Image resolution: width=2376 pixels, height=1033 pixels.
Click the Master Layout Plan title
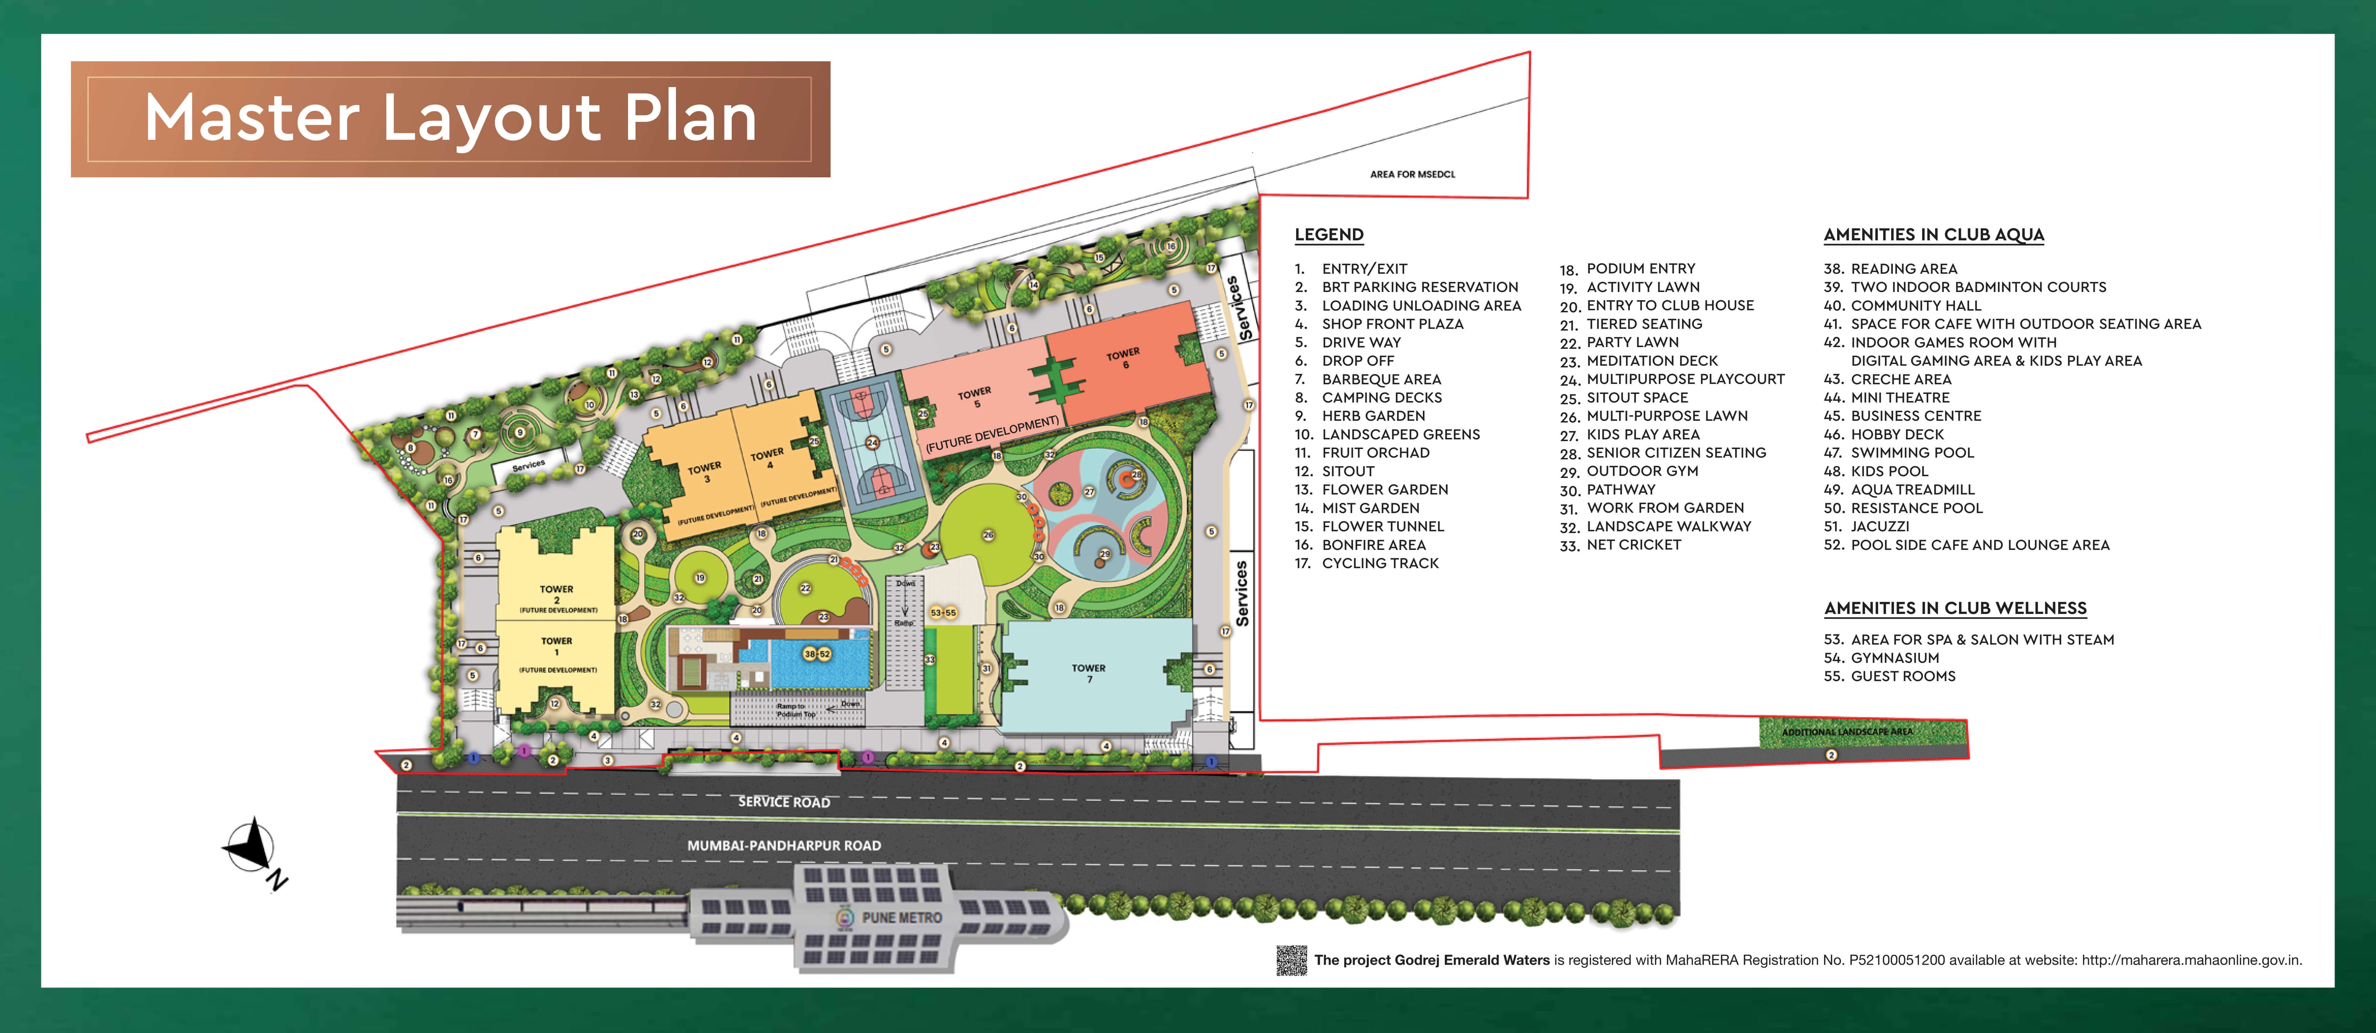tap(450, 119)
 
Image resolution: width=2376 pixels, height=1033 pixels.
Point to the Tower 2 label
tap(556, 594)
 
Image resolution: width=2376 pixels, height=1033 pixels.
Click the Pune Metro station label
tap(901, 918)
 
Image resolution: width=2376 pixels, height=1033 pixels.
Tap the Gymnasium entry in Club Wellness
tap(1895, 658)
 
